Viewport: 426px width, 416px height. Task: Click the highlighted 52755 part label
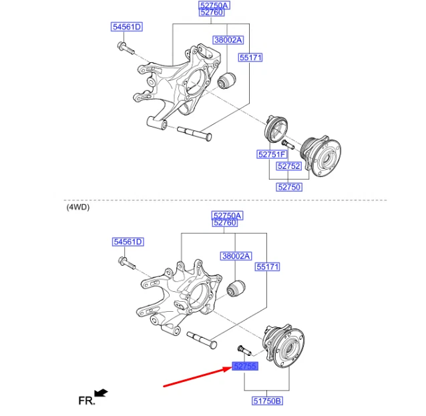pos(244,367)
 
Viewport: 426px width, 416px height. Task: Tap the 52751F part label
pos(272,154)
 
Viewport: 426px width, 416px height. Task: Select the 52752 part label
pos(289,166)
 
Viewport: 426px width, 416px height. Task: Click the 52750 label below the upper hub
pos(289,187)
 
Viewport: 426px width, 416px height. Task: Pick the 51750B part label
pos(267,401)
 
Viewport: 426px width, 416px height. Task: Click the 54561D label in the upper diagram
pos(127,27)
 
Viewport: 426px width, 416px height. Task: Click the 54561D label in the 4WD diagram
pos(128,242)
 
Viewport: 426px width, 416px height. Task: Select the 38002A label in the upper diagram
pos(228,40)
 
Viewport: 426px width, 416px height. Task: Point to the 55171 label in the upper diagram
pos(250,58)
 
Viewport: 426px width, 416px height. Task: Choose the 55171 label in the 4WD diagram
pos(267,266)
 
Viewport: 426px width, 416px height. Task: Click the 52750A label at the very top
pos(214,5)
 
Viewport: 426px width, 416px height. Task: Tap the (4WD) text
pos(78,207)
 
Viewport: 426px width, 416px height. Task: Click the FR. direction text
pos(86,401)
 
